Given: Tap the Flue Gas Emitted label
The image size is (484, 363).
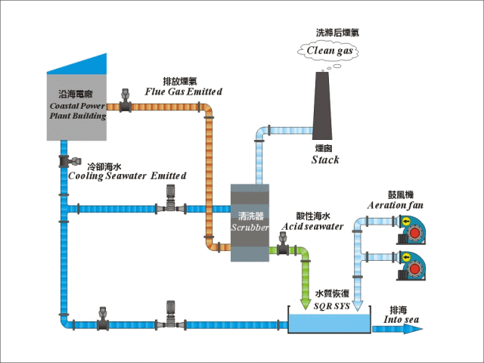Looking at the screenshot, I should [x=184, y=92].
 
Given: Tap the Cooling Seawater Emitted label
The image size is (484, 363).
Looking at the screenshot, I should [x=126, y=175].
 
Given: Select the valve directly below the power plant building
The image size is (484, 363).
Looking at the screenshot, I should [x=66, y=161].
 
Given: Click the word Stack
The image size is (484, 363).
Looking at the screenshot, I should [x=325, y=160].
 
